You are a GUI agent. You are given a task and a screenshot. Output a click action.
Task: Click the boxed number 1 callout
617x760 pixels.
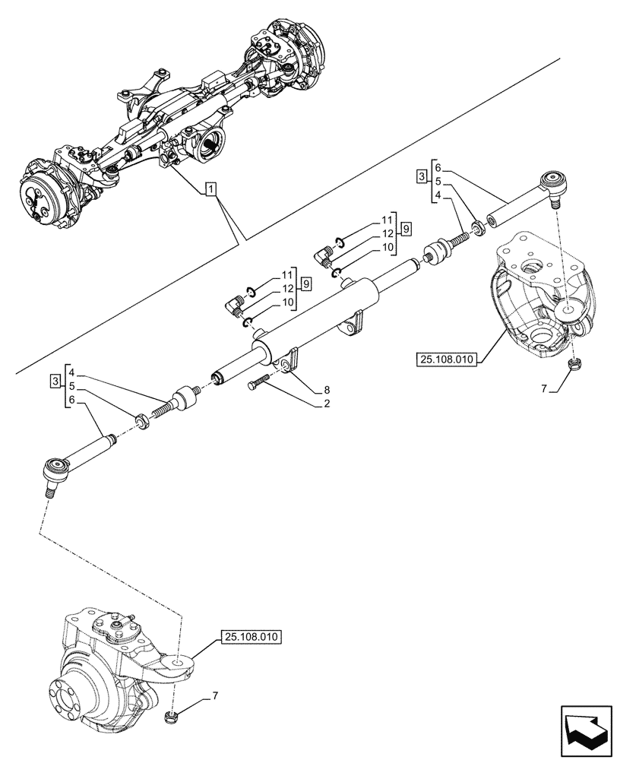(210, 188)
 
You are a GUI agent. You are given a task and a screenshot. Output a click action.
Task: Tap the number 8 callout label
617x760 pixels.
(327, 388)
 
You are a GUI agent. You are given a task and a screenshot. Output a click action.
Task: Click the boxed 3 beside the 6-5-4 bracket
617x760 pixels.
(422, 178)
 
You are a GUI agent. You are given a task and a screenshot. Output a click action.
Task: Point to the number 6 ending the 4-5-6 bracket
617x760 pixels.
(71, 401)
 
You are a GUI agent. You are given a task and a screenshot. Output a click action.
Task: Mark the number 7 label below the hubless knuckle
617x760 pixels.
(543, 389)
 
